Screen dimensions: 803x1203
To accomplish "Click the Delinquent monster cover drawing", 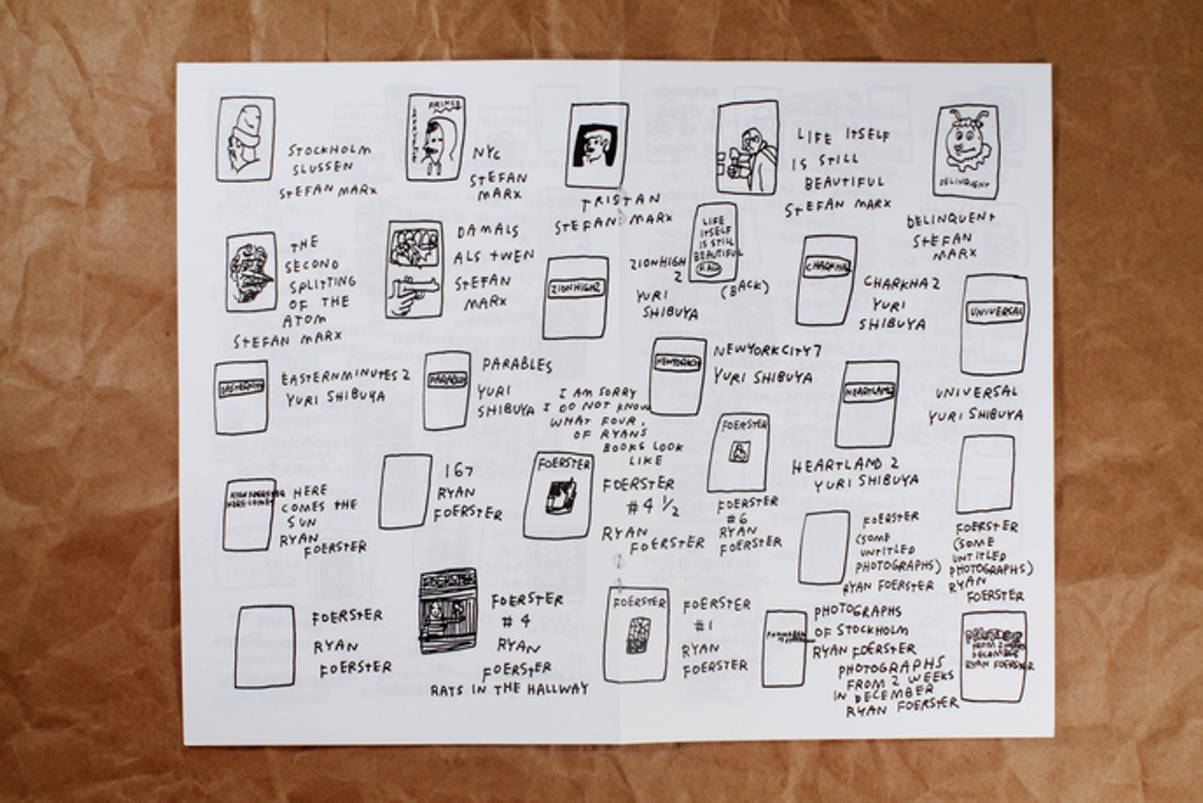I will click(966, 151).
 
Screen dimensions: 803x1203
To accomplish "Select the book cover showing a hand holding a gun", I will click(413, 268).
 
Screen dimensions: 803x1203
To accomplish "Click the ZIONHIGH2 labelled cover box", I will click(576, 297).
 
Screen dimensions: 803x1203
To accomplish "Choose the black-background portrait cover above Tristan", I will click(597, 145).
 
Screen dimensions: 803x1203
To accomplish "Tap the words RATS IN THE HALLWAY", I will click(510, 688).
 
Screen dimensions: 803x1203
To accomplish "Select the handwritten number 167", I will click(458, 471).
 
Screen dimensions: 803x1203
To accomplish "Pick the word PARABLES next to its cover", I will click(517, 365).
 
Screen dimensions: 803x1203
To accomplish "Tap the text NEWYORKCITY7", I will click(768, 350).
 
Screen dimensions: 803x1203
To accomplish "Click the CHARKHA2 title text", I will click(901, 281).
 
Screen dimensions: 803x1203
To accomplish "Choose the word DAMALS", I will click(488, 231).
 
